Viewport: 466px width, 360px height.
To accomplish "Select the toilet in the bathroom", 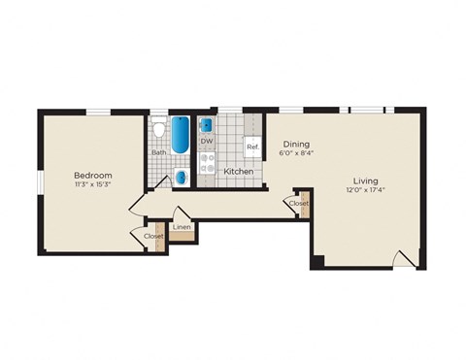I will [158, 129].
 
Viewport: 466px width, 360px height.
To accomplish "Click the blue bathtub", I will [182, 137].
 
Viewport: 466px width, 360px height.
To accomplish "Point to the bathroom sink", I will [182, 177].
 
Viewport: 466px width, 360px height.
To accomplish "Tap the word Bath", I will [158, 152].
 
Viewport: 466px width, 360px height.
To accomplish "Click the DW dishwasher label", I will [207, 142].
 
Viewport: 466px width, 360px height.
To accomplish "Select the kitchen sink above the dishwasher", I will [207, 124].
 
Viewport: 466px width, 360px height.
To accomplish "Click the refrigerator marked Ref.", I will [251, 147].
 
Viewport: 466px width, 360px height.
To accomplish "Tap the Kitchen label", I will [239, 172].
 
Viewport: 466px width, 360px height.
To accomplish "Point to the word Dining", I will [296, 144].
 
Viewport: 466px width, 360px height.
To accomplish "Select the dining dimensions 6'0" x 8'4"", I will [296, 153].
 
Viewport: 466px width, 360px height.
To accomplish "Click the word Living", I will [365, 180].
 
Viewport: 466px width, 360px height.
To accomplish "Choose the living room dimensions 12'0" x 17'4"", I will [365, 190].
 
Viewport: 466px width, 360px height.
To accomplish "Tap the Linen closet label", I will [183, 228].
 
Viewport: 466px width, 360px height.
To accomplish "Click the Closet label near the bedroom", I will [153, 236].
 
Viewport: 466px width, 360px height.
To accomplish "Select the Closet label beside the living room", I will [298, 204].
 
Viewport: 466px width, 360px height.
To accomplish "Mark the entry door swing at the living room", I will [404, 259].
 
